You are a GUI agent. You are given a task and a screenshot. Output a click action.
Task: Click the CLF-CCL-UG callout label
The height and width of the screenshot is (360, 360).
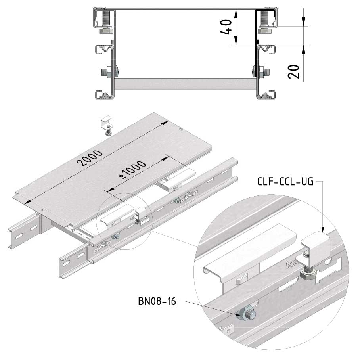[285, 182]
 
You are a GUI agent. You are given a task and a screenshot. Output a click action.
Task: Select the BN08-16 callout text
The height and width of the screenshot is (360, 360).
[157, 301]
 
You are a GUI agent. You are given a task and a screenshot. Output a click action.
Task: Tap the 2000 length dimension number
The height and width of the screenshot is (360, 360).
[90, 157]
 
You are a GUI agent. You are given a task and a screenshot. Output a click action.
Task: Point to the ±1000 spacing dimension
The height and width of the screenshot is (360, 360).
[132, 170]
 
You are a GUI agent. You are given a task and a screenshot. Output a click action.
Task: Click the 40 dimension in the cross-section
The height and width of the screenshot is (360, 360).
[226, 27]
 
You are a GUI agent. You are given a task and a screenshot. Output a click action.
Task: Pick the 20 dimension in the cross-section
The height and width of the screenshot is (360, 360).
[294, 72]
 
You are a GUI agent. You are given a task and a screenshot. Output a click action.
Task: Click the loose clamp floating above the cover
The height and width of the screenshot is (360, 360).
[107, 126]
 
